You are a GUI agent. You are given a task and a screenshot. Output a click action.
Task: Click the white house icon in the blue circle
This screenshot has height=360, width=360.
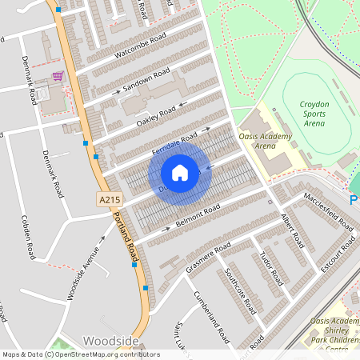point(180,173)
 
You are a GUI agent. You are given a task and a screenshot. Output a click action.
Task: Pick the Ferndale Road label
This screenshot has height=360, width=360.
point(174,143)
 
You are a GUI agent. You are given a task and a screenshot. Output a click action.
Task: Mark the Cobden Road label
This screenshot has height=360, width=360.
point(29,237)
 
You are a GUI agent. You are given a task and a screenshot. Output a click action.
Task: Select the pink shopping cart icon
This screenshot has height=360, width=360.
point(58,77)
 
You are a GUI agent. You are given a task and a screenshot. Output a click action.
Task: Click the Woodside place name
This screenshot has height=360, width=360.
point(110,340)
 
